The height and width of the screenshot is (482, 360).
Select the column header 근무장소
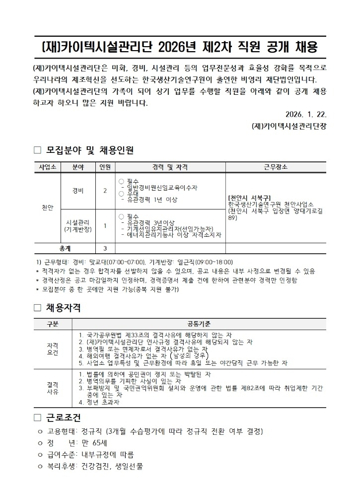[276, 167]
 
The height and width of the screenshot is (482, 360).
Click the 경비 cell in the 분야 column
[78, 191]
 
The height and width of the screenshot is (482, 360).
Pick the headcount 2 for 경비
[105, 191]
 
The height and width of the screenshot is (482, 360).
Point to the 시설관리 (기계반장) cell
[78, 226]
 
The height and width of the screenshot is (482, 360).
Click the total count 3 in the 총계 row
[105, 248]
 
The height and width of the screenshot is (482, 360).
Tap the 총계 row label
[65, 248]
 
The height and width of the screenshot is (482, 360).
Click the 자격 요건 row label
[52, 348]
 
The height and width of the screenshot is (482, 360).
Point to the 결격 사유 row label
[52, 388]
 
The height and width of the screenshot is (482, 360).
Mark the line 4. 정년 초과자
[99, 402]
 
